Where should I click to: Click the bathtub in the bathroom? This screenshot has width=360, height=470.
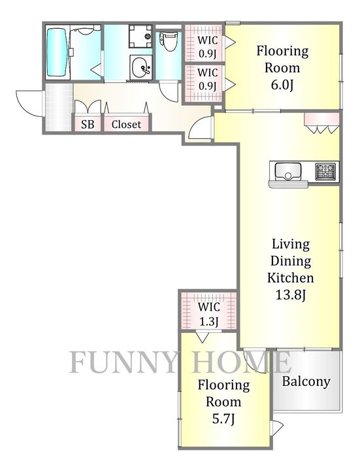coord(57,52)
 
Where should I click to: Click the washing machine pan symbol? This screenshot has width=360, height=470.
coord(140,37)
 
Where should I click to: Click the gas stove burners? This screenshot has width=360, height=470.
coord(325,171)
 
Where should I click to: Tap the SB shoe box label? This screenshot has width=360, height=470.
coord(88,124)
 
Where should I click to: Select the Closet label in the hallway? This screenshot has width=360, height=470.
coord(126,124)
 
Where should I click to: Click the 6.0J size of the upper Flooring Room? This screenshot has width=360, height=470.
coord(282,86)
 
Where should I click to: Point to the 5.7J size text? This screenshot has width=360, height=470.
coord(223,419)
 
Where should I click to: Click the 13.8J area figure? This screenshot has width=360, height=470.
coord(290,295)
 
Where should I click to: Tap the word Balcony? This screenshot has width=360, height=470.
coord(306,382)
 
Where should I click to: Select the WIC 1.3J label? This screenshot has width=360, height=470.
coord(209,314)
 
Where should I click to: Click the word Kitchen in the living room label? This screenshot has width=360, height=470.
coord(290,278)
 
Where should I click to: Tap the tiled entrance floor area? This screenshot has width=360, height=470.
coord(59,106)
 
